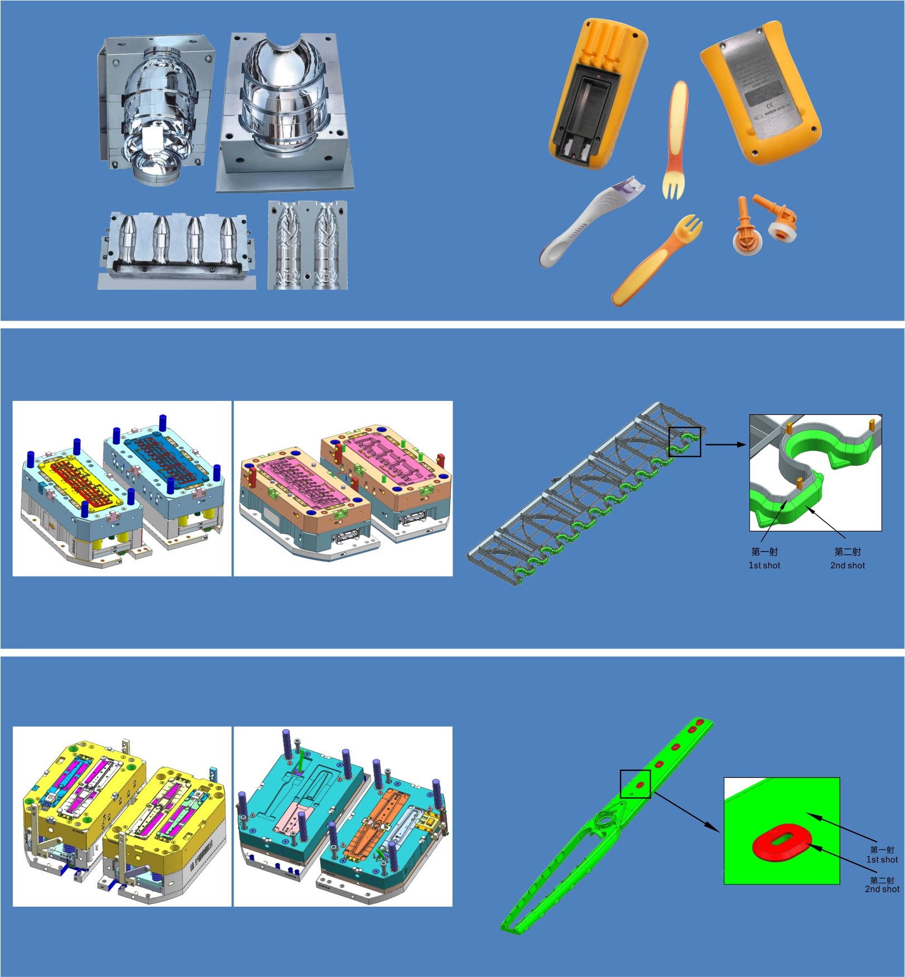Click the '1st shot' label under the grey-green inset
[764, 565]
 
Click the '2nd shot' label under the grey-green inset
[847, 565]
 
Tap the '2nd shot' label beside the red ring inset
[882, 889]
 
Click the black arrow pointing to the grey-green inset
[725, 444]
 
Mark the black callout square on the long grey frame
[684, 442]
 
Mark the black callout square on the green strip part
[635, 783]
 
